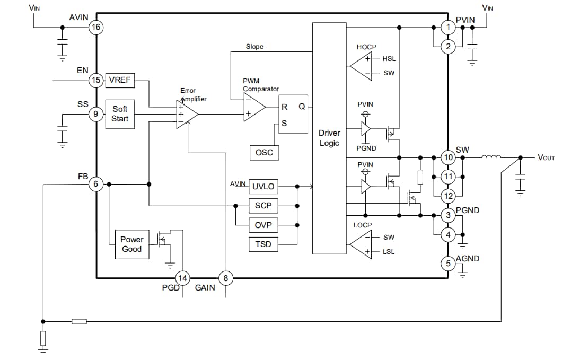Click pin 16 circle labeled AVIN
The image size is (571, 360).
click(96, 27)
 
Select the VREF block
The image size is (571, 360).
click(120, 81)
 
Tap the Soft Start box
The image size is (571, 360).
click(120, 113)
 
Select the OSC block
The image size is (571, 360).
click(264, 153)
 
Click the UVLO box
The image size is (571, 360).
click(263, 187)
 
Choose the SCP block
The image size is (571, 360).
click(263, 206)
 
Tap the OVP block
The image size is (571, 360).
click(263, 225)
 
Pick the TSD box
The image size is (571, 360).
click(263, 244)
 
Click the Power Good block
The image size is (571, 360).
click(131, 244)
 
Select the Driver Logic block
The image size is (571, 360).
click(329, 138)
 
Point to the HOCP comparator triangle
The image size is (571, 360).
click(360, 66)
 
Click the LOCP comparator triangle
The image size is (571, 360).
click(360, 244)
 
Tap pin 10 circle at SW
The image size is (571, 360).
click(449, 157)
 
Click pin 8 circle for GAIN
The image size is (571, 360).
click(226, 278)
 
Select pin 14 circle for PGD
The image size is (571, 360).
click(182, 278)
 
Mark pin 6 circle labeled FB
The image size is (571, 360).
click(96, 184)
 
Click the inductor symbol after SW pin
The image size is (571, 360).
click(491, 157)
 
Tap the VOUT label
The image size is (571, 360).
click(546, 157)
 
